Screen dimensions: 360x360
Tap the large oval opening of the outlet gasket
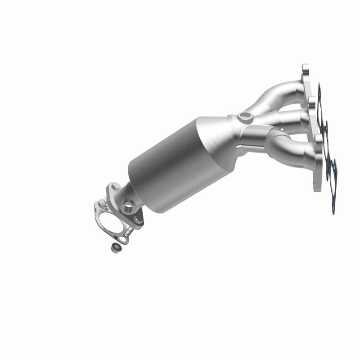pyautogui.click(x=109, y=224)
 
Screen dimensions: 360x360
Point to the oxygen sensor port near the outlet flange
pyautogui.click(x=129, y=207)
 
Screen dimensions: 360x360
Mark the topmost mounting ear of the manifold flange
pyautogui.click(x=306, y=70)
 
